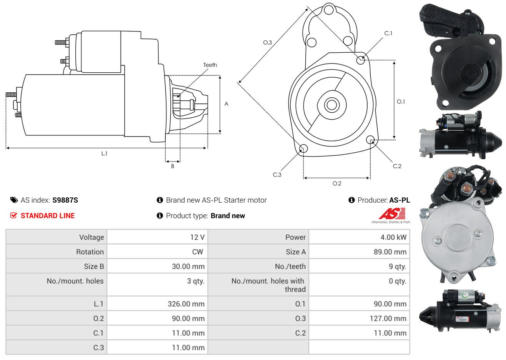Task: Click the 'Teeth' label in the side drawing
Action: pyautogui.click(x=210, y=65)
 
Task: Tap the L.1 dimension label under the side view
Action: pyautogui.click(x=104, y=154)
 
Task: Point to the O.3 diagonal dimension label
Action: pyautogui.click(x=268, y=42)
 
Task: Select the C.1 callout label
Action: pyautogui.click(x=388, y=33)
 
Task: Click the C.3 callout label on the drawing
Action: pyautogui.click(x=277, y=175)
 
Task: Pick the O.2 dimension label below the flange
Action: pyautogui.click(x=337, y=183)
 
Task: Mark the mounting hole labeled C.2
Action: pyautogui.click(x=370, y=140)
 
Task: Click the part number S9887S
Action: pyautogui.click(x=65, y=200)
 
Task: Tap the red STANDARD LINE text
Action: pyautogui.click(x=48, y=216)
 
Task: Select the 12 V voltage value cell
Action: pyautogui.click(x=197, y=237)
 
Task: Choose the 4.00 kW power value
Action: pyautogui.click(x=393, y=237)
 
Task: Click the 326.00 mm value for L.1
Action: pyautogui.click(x=186, y=304)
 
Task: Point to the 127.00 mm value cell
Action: pyautogui.click(x=388, y=318)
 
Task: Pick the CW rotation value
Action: pyautogui.click(x=197, y=252)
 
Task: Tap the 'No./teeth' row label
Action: pyautogui.click(x=290, y=267)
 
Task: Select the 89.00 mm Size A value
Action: pyautogui.click(x=390, y=252)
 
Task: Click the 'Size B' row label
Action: pyautogui.click(x=94, y=267)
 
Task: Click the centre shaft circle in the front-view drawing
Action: pyautogui.click(x=331, y=105)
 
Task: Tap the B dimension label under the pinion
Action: pyautogui.click(x=173, y=166)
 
